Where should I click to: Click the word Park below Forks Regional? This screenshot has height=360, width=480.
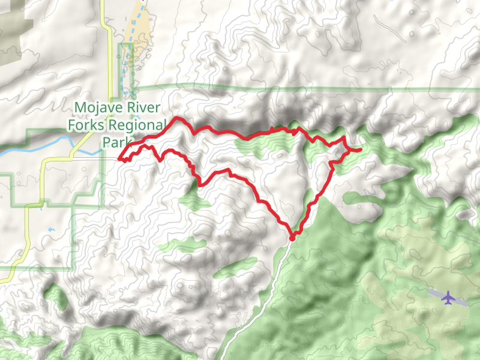point(115,142)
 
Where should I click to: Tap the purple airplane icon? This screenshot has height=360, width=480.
point(448,297)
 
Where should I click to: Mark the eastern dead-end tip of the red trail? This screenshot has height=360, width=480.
point(359,149)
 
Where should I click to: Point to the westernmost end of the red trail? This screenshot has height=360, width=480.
point(120,160)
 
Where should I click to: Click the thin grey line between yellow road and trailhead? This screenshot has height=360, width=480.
point(96,159)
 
